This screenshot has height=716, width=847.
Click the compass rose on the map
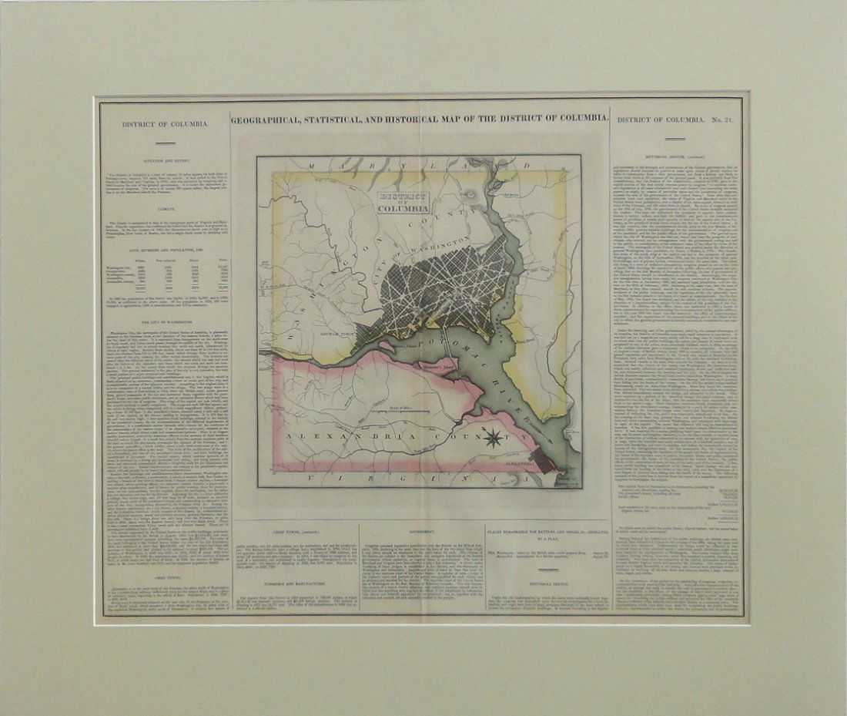click(x=494, y=440)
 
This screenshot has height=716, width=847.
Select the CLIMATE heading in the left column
click(x=164, y=207)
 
